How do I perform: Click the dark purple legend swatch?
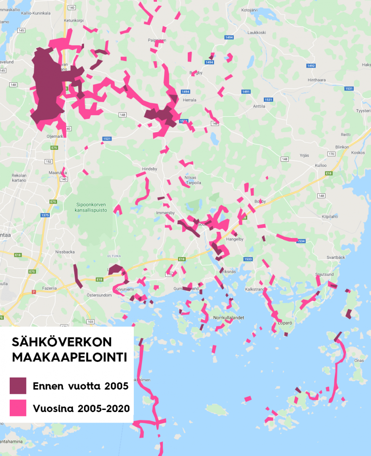tap(18, 386)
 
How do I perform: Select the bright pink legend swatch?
tap(18, 408)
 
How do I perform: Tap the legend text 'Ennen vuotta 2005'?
tap(81, 386)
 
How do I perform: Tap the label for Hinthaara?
tap(317, 80)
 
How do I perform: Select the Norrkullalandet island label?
tap(229, 318)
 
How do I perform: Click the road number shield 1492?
tap(311, 66)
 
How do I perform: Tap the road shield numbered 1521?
tap(107, 139)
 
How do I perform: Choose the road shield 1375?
tap(45, 215)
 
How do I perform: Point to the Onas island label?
tap(359, 361)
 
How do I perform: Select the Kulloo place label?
tap(321, 166)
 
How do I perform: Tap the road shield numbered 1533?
tap(248, 259)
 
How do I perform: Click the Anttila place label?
tap(259, 106)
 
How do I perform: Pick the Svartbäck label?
tap(336, 257)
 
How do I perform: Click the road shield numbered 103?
tap(89, 322)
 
